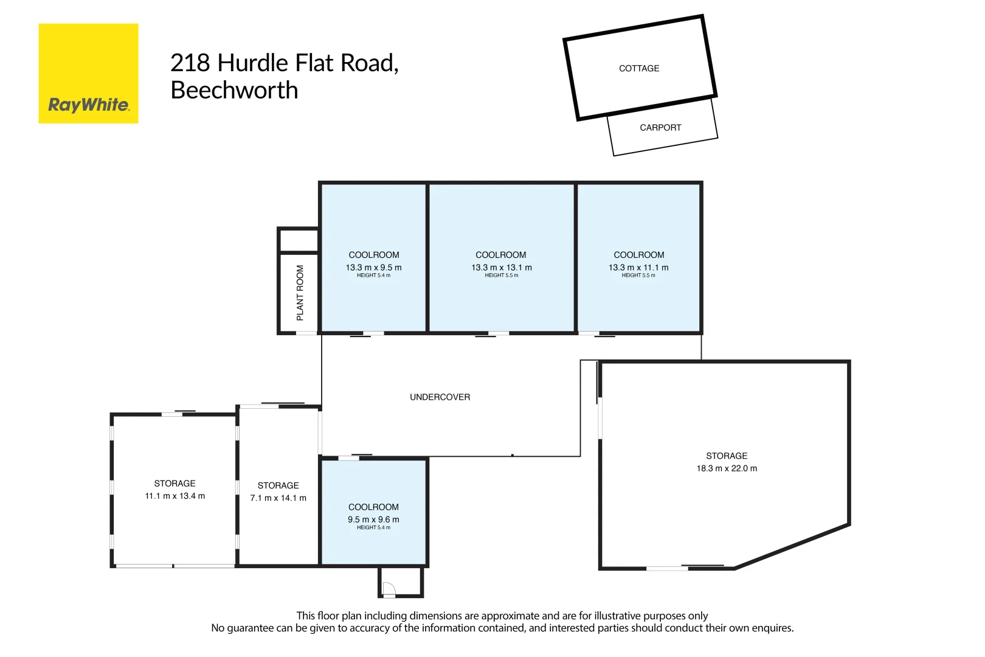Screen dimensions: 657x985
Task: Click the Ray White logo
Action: click(x=88, y=74)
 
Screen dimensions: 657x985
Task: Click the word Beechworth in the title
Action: click(x=234, y=90)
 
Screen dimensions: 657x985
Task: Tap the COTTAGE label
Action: click(x=638, y=68)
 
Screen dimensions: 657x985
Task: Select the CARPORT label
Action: click(x=660, y=128)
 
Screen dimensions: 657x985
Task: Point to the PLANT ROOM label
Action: click(x=300, y=293)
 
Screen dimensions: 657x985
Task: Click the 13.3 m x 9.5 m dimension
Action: click(x=373, y=268)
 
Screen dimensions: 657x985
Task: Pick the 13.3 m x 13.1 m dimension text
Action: click(x=501, y=268)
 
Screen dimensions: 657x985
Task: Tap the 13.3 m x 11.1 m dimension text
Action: click(x=638, y=268)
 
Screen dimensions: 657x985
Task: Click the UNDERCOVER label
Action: click(x=440, y=397)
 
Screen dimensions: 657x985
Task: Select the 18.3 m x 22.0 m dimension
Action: click(x=727, y=468)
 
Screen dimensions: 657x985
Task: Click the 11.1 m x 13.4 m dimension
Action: click(x=175, y=496)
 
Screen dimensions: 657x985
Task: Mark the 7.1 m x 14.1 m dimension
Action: click(x=278, y=498)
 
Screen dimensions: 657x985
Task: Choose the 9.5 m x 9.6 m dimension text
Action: click(x=373, y=520)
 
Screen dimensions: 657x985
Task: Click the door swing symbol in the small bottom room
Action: click(x=389, y=589)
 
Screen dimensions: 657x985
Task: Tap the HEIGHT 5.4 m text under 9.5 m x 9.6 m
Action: click(x=373, y=527)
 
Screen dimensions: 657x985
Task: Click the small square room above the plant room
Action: click(x=299, y=240)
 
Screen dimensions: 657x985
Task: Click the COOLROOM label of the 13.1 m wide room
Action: click(x=501, y=255)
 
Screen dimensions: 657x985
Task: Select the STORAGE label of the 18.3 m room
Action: click(x=727, y=456)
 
